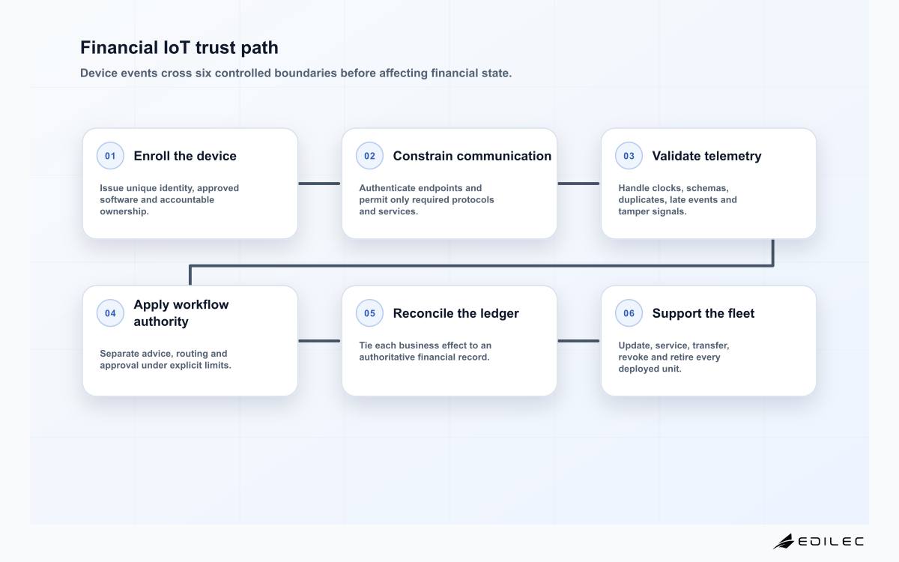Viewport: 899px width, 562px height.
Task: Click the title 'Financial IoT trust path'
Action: pyautogui.click(x=179, y=48)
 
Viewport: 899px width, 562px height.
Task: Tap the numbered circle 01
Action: pyautogui.click(x=110, y=156)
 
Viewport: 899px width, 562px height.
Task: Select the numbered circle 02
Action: pyautogui.click(x=369, y=156)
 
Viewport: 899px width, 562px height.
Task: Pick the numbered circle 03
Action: pyautogui.click(x=629, y=156)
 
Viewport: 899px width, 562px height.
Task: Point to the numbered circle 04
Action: pyautogui.click(x=110, y=313)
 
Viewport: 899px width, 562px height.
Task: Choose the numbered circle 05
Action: pyautogui.click(x=369, y=313)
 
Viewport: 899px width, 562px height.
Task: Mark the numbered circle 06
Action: pyautogui.click(x=629, y=313)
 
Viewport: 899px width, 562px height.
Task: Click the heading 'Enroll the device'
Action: pyautogui.click(x=185, y=156)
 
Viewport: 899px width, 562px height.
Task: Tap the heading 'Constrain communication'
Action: pyautogui.click(x=472, y=156)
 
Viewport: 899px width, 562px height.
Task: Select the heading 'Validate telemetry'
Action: pyautogui.click(x=706, y=156)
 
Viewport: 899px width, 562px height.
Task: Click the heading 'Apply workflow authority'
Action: pyautogui.click(x=181, y=313)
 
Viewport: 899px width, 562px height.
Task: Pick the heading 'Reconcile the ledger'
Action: pyautogui.click(x=456, y=313)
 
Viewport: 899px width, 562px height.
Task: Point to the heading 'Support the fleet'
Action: pyautogui.click(x=703, y=313)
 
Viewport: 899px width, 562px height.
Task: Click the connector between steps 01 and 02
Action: pyautogui.click(x=319, y=184)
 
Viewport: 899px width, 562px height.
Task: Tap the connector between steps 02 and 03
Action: pyautogui.click(x=578, y=184)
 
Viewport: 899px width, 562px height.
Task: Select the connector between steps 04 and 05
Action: pyautogui.click(x=319, y=341)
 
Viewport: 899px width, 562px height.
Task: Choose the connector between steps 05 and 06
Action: pyautogui.click(x=578, y=341)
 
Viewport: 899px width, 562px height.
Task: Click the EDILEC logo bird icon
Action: pyautogui.click(x=784, y=541)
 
